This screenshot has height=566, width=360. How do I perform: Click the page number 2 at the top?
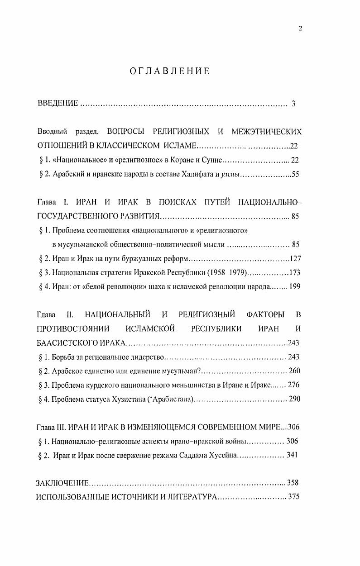pyautogui.click(x=300, y=29)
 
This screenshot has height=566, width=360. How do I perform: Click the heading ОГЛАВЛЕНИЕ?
pyautogui.click(x=169, y=71)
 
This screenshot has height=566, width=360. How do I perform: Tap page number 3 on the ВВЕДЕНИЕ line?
pyautogui.click(x=293, y=104)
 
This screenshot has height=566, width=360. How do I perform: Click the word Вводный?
pyautogui.click(x=53, y=132)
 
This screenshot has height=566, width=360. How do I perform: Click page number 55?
pyautogui.click(x=295, y=174)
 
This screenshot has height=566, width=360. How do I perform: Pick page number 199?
pyautogui.click(x=295, y=286)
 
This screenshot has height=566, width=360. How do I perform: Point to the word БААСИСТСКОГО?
pyautogui.click(x=67, y=342)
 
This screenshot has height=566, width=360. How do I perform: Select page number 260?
pyautogui.click(x=294, y=371)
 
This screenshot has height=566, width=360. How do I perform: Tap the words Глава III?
pyautogui.click(x=51, y=427)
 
